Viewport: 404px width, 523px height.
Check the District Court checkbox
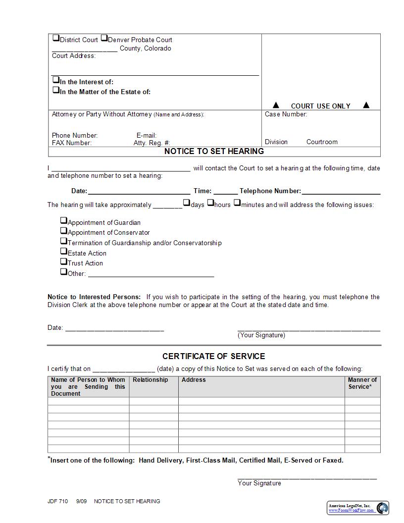(x=56, y=38)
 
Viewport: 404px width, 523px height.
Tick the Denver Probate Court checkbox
(x=104, y=38)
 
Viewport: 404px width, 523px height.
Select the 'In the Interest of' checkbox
(x=56, y=80)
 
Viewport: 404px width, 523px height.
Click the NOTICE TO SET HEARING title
(x=214, y=152)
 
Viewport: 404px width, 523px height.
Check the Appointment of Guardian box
(x=64, y=221)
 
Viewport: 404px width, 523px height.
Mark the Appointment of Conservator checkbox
(x=64, y=231)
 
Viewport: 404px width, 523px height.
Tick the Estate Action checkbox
(x=64, y=252)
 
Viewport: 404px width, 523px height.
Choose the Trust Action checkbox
(x=64, y=261)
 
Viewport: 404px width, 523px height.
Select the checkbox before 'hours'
(x=210, y=203)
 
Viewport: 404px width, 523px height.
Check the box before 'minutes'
(x=237, y=203)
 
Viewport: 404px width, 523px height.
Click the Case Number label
(x=286, y=114)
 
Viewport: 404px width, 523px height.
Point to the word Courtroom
(x=322, y=142)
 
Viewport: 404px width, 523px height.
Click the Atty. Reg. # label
(x=151, y=143)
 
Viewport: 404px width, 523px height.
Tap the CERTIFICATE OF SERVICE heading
(x=214, y=357)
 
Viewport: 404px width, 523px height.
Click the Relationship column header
(x=150, y=380)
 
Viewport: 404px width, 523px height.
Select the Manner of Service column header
(x=362, y=383)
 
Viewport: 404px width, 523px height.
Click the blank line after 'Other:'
(x=151, y=275)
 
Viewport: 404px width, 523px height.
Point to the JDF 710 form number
(x=58, y=501)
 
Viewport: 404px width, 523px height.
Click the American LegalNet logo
(x=382, y=508)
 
